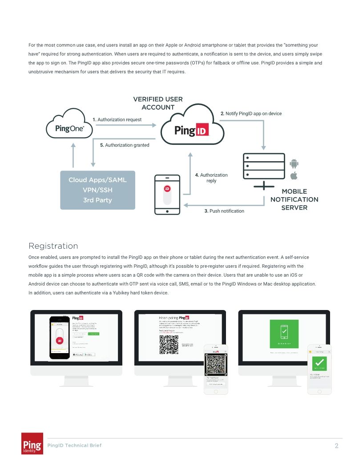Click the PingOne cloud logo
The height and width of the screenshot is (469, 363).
tap(69, 128)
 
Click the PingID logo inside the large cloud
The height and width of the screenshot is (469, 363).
tap(192, 131)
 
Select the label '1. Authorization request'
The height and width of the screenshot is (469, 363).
tap(117, 119)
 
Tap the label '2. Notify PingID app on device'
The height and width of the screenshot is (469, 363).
tap(251, 114)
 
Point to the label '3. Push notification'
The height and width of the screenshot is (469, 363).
tap(224, 211)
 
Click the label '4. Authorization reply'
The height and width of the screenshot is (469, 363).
tap(211, 178)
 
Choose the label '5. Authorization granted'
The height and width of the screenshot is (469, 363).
tap(125, 145)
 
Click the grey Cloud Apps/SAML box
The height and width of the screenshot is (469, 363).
tap(97, 190)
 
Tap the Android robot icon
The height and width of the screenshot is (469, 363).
tap(294, 163)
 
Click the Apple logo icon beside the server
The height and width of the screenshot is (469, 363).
tap(294, 176)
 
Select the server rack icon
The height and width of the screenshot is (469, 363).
tap(264, 167)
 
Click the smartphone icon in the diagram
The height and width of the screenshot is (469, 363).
tap(167, 195)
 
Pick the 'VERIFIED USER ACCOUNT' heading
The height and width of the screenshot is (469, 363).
tap(158, 103)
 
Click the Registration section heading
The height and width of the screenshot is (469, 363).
tap(53, 246)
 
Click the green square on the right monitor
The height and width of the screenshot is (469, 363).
tap(284, 334)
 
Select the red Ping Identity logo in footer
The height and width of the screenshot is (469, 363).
tap(32, 443)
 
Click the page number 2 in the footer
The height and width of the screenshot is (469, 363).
tap(336, 445)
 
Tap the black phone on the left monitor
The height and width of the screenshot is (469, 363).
tap(60, 337)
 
